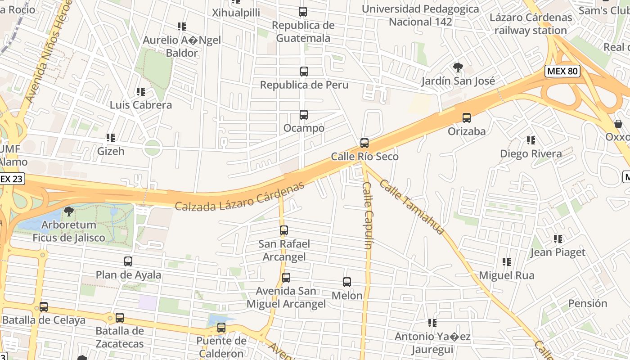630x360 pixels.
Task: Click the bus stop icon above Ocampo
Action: [304, 115]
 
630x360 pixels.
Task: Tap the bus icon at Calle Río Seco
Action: [364, 143]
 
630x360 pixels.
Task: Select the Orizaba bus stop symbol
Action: [467, 118]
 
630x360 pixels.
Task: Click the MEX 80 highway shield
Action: [562, 71]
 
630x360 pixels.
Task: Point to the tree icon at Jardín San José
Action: [458, 68]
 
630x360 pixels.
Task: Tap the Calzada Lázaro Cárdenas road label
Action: [239, 197]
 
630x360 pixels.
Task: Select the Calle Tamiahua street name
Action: [412, 207]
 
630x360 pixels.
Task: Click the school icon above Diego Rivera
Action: [531, 140]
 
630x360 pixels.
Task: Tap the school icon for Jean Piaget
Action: [558, 239]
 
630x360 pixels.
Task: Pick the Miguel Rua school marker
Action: [507, 262]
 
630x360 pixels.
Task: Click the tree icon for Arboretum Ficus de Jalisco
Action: [69, 211]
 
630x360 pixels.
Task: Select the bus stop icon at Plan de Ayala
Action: [128, 261]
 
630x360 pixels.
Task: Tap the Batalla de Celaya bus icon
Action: [44, 307]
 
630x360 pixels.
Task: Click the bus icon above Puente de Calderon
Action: [221, 328]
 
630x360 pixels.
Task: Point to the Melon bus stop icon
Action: [347, 282]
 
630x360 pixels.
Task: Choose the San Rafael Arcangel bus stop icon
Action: [284, 230]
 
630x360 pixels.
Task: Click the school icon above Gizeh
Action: [111, 138]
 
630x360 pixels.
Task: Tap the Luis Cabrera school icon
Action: [141, 92]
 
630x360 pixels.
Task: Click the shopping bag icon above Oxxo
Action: [618, 123]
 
